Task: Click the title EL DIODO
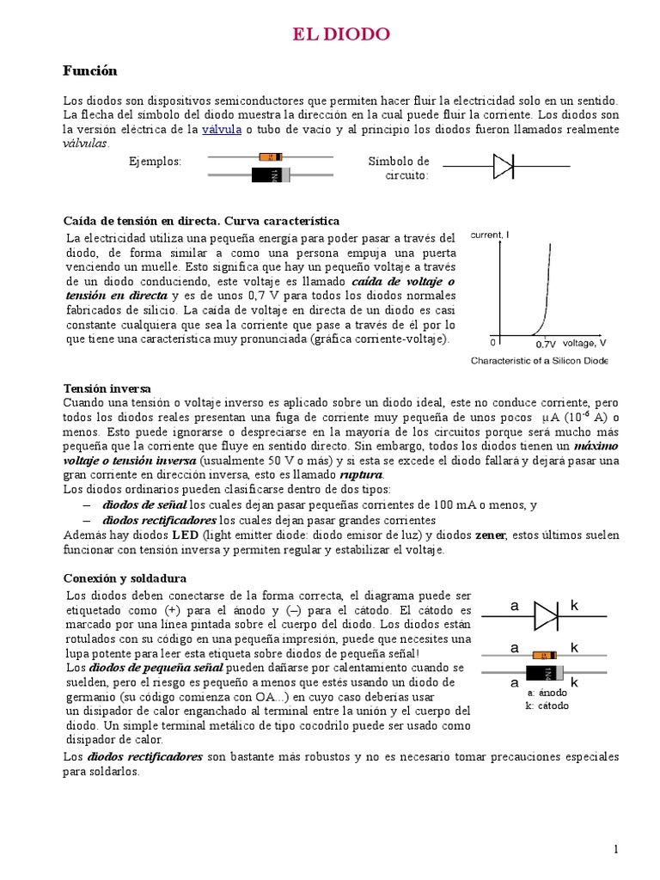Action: tap(341, 34)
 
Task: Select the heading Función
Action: tap(90, 70)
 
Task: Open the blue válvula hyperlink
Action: tap(221, 130)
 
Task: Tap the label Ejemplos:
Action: tap(155, 162)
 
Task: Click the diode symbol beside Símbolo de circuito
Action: tap(504, 166)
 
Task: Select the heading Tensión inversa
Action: tap(107, 388)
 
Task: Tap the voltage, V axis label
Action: tap(584, 343)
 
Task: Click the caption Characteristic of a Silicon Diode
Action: tap(539, 361)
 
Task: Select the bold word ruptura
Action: tap(361, 475)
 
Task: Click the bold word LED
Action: tap(185, 535)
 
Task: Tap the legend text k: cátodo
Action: tap(547, 706)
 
